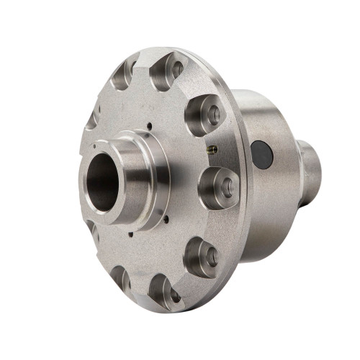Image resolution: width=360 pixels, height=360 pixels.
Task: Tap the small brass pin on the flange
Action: coord(211,150)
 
